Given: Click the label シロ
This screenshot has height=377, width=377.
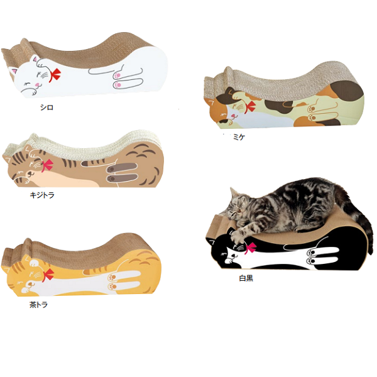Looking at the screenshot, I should coord(46,107).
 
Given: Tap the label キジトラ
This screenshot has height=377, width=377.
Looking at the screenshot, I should coord(42,195).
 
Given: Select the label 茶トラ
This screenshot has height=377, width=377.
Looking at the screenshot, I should coord(38,305).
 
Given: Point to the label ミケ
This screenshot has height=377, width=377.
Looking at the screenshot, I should coord(238,137).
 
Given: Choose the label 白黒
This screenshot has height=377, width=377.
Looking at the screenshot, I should coord(246,277).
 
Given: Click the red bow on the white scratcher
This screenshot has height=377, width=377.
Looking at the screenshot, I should coord(56,75).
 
